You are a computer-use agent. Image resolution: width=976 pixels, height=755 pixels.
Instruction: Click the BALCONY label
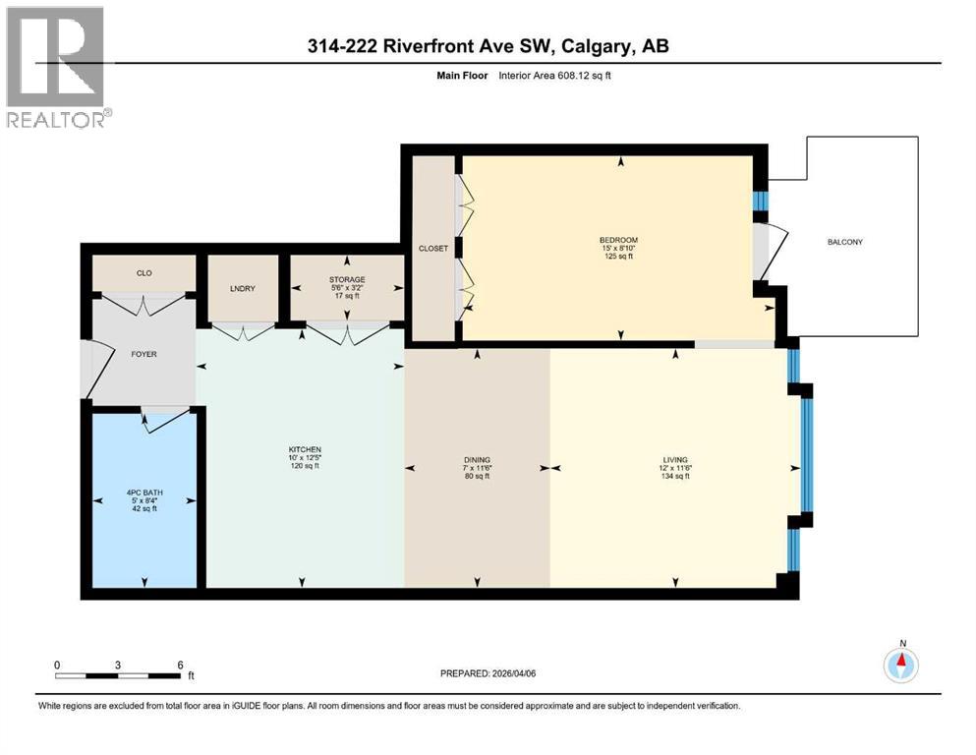pos(844,242)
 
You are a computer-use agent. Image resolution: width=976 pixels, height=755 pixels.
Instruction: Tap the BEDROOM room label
pos(619,241)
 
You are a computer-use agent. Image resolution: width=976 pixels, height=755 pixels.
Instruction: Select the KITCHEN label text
pos(300,449)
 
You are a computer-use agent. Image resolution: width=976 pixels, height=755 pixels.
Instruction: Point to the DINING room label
pos(478,459)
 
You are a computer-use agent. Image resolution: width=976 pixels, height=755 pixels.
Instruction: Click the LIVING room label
pos(674,459)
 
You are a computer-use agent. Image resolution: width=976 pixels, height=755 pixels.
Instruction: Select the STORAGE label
pos(347,280)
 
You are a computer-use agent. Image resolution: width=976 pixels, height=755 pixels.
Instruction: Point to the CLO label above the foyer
pos(144,272)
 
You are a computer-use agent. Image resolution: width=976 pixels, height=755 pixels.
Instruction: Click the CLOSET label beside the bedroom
pos(432,249)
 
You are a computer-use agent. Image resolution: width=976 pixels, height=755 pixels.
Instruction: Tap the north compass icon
pos(900,665)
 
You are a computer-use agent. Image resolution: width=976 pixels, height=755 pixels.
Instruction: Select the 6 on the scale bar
pos(179,665)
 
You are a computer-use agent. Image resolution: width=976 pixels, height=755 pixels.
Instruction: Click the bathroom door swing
pos(165,419)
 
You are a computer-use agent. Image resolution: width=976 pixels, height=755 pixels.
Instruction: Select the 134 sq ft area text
pos(674,477)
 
